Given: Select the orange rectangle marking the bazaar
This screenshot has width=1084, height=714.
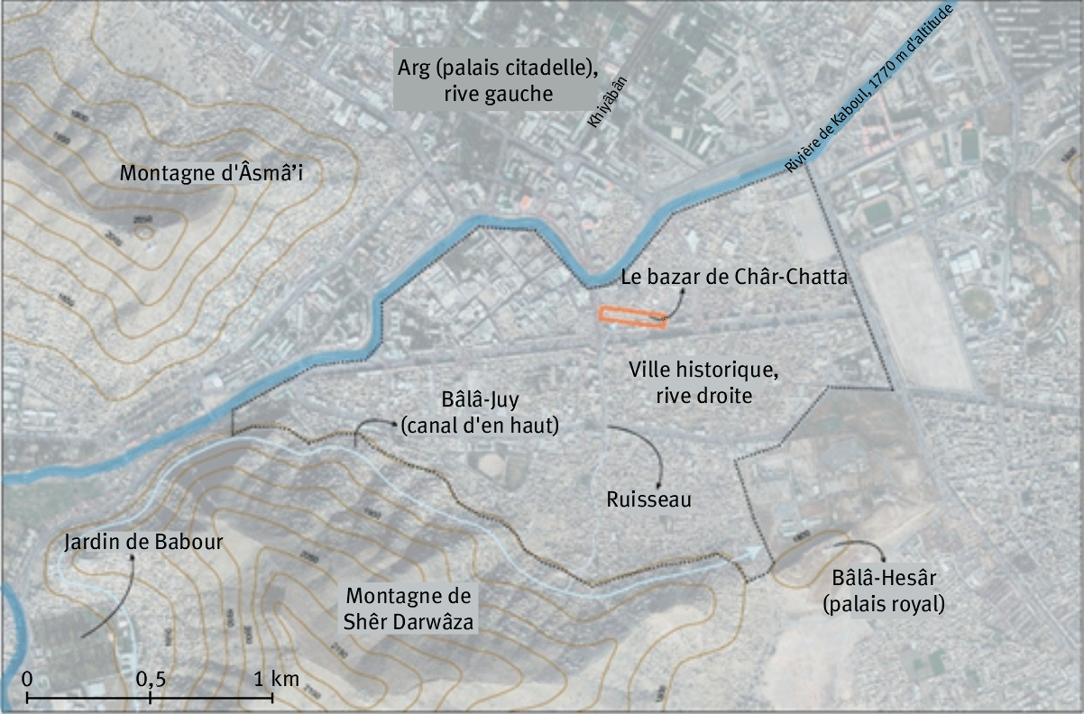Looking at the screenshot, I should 634,316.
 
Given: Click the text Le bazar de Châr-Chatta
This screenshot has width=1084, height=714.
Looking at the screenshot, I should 734,278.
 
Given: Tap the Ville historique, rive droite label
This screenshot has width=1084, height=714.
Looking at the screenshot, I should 702,382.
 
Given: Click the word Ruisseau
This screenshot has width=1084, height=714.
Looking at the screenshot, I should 648,499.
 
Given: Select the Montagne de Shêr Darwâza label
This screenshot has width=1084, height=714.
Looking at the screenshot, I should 409,609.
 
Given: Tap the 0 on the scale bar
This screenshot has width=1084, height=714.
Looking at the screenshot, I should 28,678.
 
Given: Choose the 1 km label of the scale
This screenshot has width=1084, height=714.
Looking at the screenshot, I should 274,678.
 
